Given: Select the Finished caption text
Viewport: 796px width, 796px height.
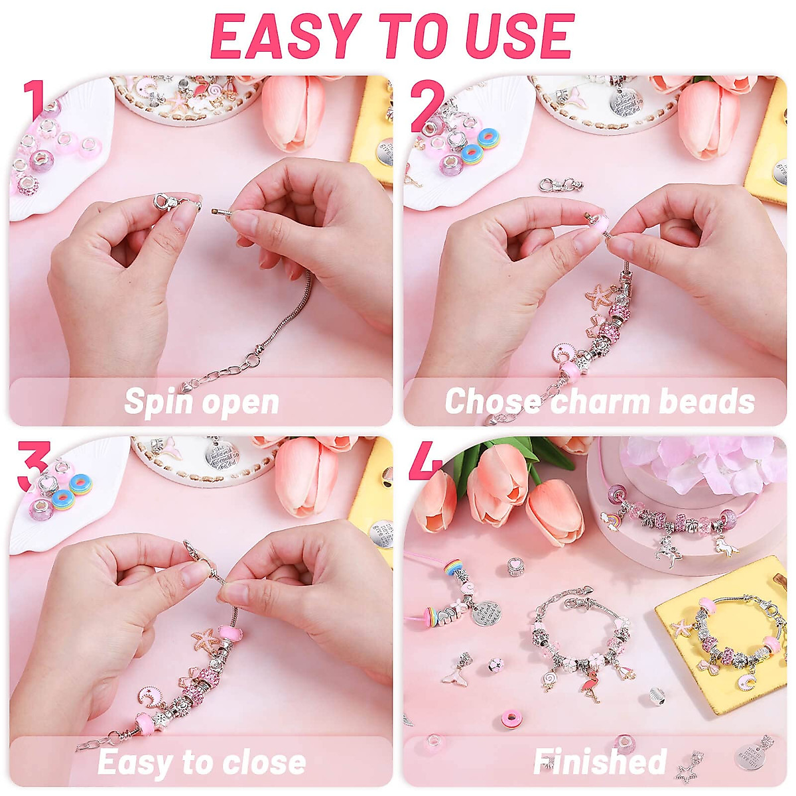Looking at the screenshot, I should tap(600, 762).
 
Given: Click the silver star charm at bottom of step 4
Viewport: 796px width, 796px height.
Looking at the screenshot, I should tap(686, 771).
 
